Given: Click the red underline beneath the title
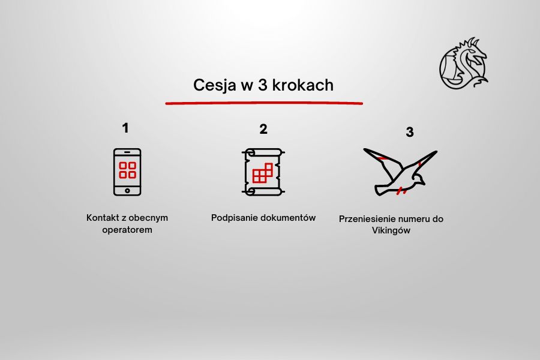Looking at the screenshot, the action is tap(264, 103).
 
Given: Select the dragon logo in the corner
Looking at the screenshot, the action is tap(464, 63).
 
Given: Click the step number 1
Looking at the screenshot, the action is tap(125, 128).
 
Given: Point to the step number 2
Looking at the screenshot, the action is tap(263, 129).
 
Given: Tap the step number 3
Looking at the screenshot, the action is tap(409, 132).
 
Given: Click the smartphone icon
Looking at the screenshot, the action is tap(127, 172).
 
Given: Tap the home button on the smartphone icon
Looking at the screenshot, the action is tap(127, 191).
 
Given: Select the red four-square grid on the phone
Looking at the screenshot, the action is tap(127, 170).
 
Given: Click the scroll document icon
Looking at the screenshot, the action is tap(263, 172).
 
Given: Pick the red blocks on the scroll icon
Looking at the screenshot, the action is tap(263, 173).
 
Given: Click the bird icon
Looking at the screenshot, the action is tap(400, 172).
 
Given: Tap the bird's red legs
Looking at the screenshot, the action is tap(401, 191).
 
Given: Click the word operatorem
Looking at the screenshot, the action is tap(127, 230).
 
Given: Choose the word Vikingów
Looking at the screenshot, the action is tap(391, 230).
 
